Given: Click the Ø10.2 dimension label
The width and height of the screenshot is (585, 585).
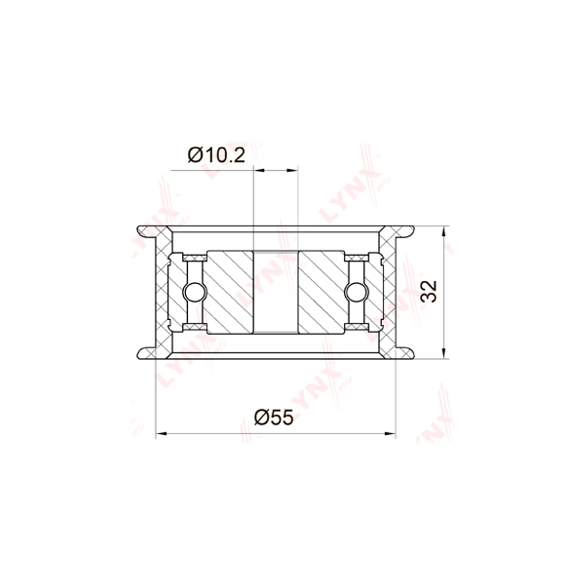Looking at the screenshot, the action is point(216,156).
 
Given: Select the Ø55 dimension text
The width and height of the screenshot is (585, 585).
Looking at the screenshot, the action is point(274,417).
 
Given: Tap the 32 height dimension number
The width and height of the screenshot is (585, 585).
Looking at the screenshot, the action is point(429,291).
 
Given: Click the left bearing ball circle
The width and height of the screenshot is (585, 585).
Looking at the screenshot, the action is point(195,292).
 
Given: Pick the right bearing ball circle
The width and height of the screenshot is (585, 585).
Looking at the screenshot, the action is point(356,292).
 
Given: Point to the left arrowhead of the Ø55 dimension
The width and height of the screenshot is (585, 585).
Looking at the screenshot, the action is point(161,433).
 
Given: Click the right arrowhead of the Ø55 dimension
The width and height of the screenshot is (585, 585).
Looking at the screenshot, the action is point(390,433).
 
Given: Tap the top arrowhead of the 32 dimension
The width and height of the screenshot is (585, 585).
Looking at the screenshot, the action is point(444,232).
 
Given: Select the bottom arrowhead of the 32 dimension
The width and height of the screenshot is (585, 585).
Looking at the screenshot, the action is point(444,353).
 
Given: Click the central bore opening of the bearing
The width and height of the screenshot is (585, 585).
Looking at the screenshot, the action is point(275,292).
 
